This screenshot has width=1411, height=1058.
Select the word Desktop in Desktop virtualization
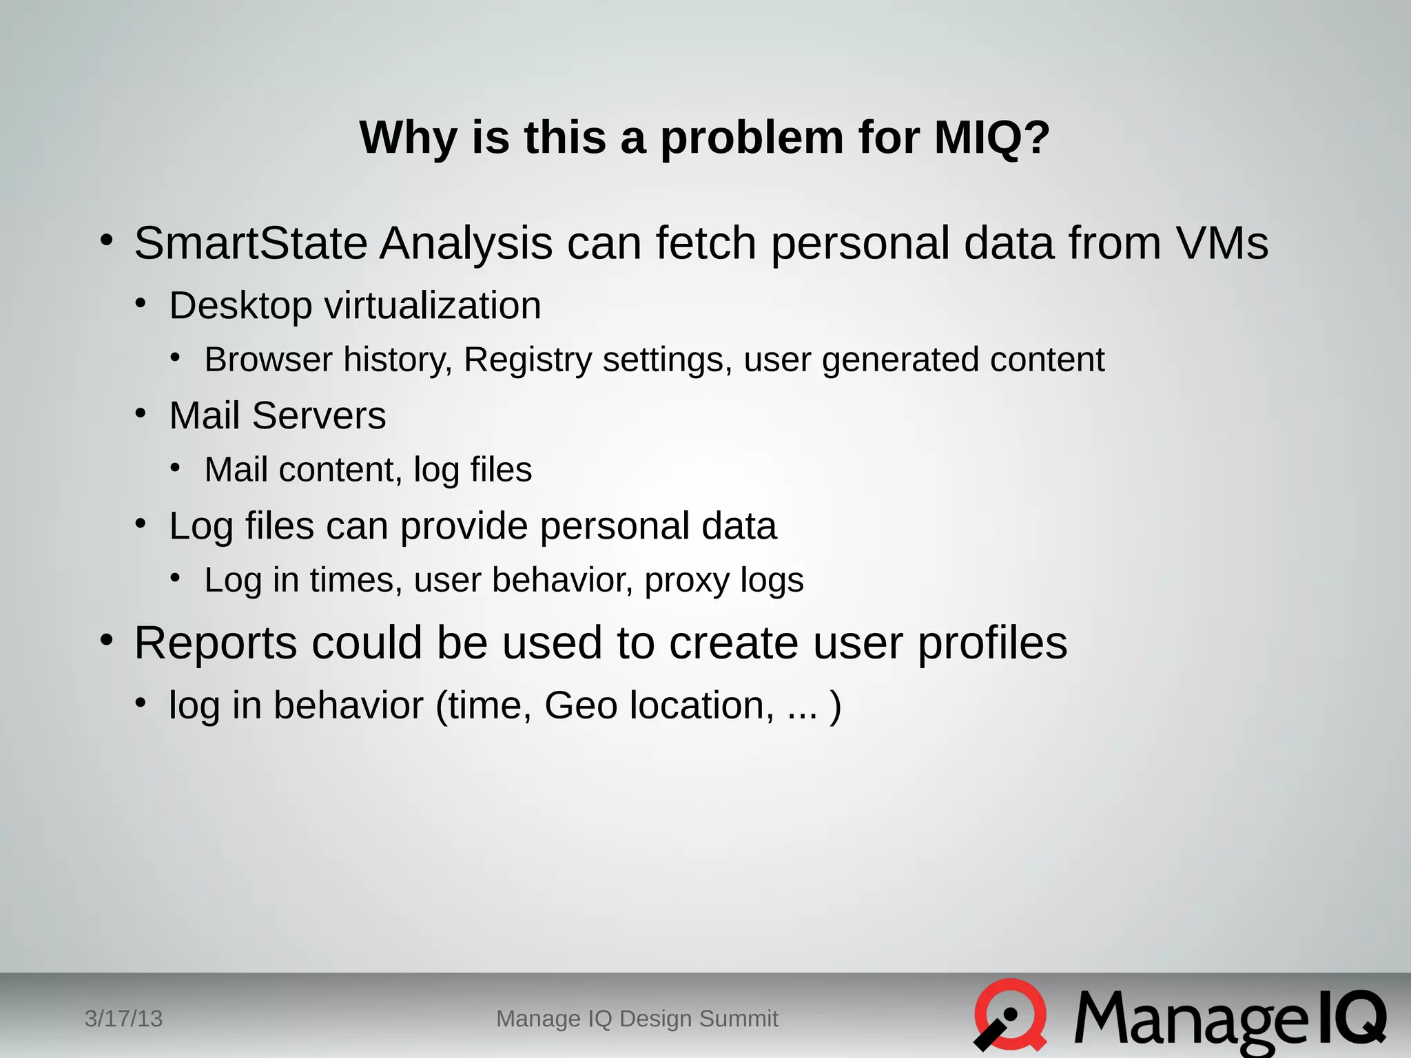(240, 306)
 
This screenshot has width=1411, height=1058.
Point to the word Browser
(268, 360)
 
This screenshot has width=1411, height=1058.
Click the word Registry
(527, 360)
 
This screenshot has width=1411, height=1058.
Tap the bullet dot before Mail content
(176, 468)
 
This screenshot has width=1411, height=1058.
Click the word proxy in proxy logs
(686, 581)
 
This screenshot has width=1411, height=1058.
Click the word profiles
(992, 643)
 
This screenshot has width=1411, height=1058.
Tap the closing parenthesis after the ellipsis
(835, 705)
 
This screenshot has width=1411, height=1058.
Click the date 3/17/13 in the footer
(123, 1018)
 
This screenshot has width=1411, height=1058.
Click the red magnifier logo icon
(1009, 1015)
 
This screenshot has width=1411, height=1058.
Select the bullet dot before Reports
(106, 640)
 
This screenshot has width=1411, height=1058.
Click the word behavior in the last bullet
(348, 705)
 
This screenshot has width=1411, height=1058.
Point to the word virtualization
(433, 306)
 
